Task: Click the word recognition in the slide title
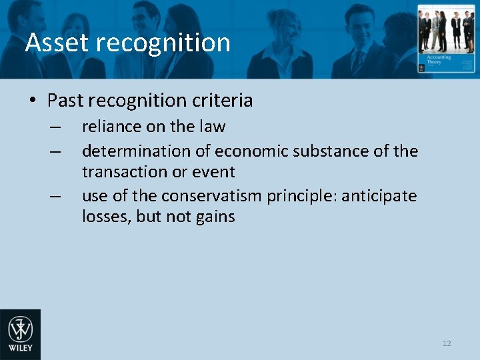pyautogui.click(x=163, y=43)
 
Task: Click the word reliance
pyautogui.click(x=107, y=127)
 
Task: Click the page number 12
pyautogui.click(x=447, y=343)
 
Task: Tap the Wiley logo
pyautogui.click(x=20, y=335)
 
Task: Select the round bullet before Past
pyautogui.click(x=33, y=101)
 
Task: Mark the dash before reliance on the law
pyautogui.click(x=55, y=127)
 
